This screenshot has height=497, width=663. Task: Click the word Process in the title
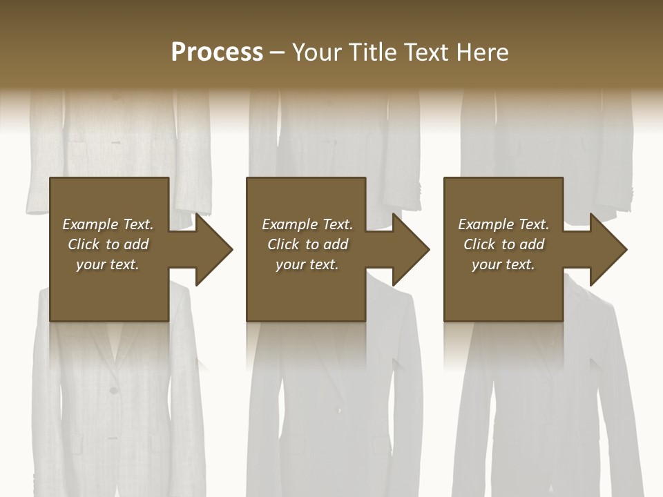[217, 52]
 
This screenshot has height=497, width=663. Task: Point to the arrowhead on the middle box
[410, 248]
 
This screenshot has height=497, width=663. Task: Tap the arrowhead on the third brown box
[608, 248]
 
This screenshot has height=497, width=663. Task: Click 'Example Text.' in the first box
[108, 224]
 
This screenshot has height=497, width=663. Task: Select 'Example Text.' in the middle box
[307, 224]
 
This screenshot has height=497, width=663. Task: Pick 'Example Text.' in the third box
[503, 224]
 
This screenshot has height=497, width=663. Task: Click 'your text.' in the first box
[108, 264]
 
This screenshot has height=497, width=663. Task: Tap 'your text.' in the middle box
[307, 264]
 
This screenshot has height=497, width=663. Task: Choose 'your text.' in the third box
[503, 264]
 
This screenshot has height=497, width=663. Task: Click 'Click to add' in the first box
[108, 244]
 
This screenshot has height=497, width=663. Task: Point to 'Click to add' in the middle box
[307, 244]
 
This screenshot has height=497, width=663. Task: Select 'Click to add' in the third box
[503, 244]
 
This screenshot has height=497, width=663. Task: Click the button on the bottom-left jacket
[113, 391]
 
